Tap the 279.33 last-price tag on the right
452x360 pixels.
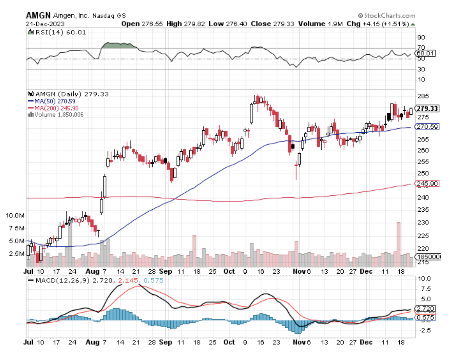click(x=427, y=109)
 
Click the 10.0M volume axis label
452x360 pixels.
click(x=16, y=216)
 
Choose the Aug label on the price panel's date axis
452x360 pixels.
click(x=93, y=271)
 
